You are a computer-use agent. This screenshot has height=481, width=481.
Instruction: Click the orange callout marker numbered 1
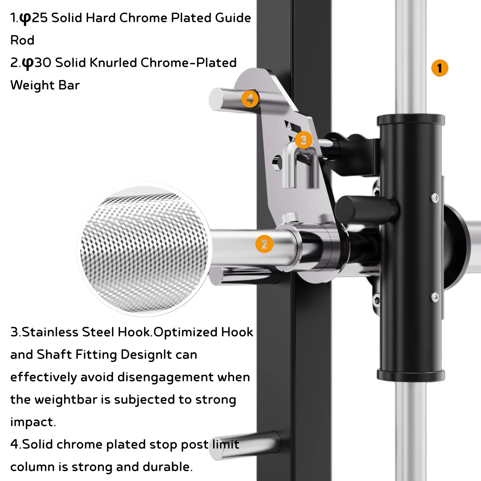point(440,68)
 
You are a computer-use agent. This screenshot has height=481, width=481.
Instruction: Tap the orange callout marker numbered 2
point(264,244)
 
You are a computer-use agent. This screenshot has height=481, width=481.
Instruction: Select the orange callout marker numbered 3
point(303,140)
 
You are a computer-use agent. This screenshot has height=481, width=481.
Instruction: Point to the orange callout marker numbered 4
point(250,99)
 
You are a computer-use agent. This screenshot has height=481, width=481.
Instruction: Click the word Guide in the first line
point(233,18)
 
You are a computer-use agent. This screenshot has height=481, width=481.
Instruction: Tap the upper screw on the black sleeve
point(435,198)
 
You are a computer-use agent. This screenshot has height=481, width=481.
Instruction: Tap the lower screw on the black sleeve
point(435,297)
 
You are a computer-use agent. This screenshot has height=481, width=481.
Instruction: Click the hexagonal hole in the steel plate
point(277,162)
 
